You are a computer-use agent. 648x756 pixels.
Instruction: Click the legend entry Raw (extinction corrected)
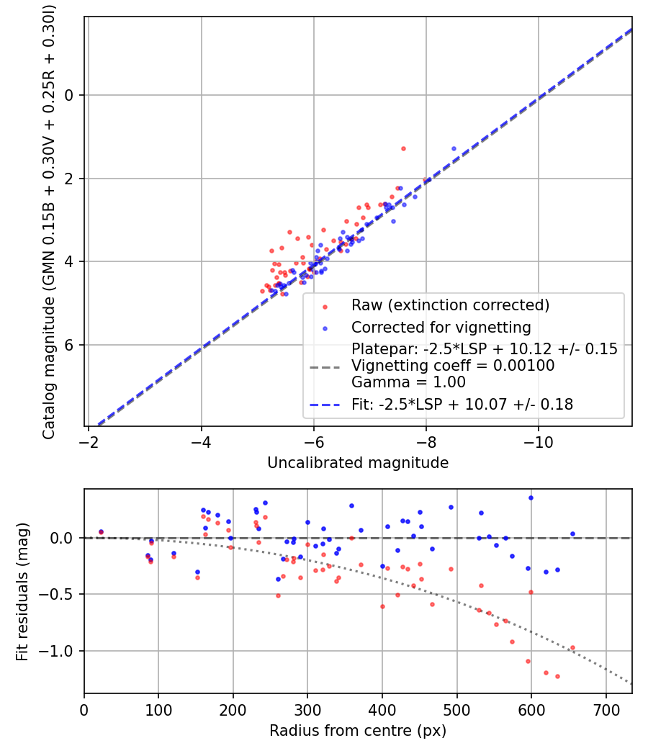click(450, 305)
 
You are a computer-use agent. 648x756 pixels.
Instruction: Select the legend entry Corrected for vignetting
click(441, 328)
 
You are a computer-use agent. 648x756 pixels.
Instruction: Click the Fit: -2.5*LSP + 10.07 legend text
click(462, 405)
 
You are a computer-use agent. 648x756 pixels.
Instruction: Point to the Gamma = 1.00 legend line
click(408, 382)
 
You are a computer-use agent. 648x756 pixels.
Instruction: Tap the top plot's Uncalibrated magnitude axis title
click(358, 462)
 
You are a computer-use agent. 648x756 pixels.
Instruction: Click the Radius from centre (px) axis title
click(358, 731)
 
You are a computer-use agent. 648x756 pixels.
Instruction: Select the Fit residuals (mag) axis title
click(22, 591)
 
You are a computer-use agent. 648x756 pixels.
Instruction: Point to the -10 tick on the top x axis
click(539, 441)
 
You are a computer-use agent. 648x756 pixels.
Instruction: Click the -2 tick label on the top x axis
click(89, 441)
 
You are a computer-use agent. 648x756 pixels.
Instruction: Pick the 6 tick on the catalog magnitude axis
click(71, 345)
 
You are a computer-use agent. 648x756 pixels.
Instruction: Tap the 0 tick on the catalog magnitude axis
click(71, 95)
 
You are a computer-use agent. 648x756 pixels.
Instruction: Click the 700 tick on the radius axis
click(606, 708)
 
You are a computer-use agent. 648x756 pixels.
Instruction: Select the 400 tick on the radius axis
click(382, 708)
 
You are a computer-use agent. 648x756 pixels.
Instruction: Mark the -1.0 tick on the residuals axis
click(60, 651)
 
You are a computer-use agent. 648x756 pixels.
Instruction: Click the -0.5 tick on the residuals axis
click(60, 594)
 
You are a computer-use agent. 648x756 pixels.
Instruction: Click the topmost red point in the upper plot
click(403, 148)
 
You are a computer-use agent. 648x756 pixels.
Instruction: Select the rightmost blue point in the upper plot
click(454, 148)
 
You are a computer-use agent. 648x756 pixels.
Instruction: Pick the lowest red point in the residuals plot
click(557, 676)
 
